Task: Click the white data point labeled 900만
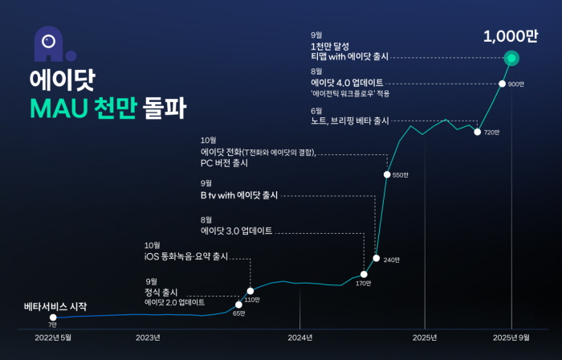[502, 84]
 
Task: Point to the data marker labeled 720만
[478, 132]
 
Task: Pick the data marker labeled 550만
[387, 174]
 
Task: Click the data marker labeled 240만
[377, 258]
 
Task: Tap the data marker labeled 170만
[364, 274]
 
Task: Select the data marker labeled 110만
[250, 291]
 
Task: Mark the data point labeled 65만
[238, 305]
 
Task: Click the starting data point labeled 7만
[53, 317]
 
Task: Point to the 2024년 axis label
[299, 337]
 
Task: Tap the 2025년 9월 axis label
[511, 337]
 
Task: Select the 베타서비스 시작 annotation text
[55, 306]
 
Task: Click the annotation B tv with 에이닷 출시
[239, 194]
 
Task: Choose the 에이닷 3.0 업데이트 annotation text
[236, 231]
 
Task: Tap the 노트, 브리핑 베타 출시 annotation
[349, 121]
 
